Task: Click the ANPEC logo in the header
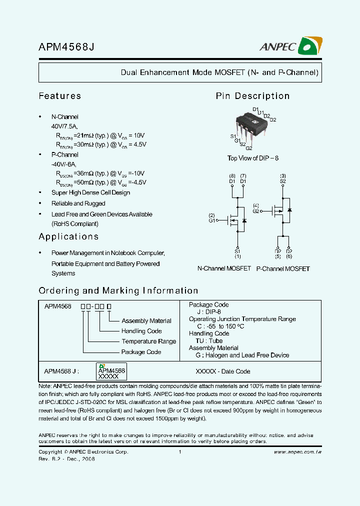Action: (x=289, y=46)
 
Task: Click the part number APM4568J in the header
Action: (x=66, y=47)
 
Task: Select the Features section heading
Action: (x=59, y=95)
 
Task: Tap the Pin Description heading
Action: (x=252, y=96)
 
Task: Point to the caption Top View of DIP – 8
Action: (x=252, y=158)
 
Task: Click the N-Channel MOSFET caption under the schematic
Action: (x=224, y=268)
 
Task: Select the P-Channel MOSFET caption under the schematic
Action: (x=283, y=268)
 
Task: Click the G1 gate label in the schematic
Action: (x=212, y=220)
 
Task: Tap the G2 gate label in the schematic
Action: (x=256, y=211)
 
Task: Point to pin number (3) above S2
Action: (x=283, y=176)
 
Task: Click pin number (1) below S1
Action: (x=237, y=256)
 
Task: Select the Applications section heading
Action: (x=68, y=236)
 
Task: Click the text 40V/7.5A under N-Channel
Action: (x=64, y=126)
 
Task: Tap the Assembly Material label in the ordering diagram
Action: (x=146, y=321)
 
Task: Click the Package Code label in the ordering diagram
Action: (x=141, y=352)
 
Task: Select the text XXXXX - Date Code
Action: (x=222, y=371)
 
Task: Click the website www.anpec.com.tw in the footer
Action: (x=297, y=451)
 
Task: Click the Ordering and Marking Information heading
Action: (x=118, y=290)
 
